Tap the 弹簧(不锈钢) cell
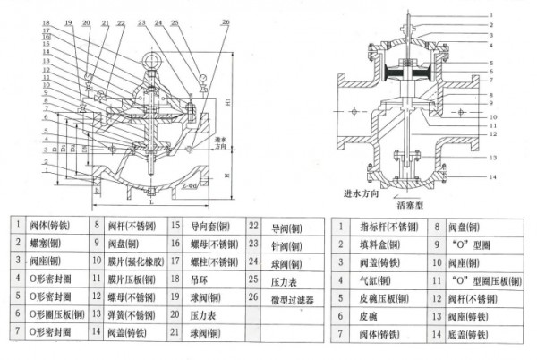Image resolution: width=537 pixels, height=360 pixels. (134, 315)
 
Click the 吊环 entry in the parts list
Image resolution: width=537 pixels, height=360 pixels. (200, 279)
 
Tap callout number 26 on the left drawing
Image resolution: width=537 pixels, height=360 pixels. (225, 20)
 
